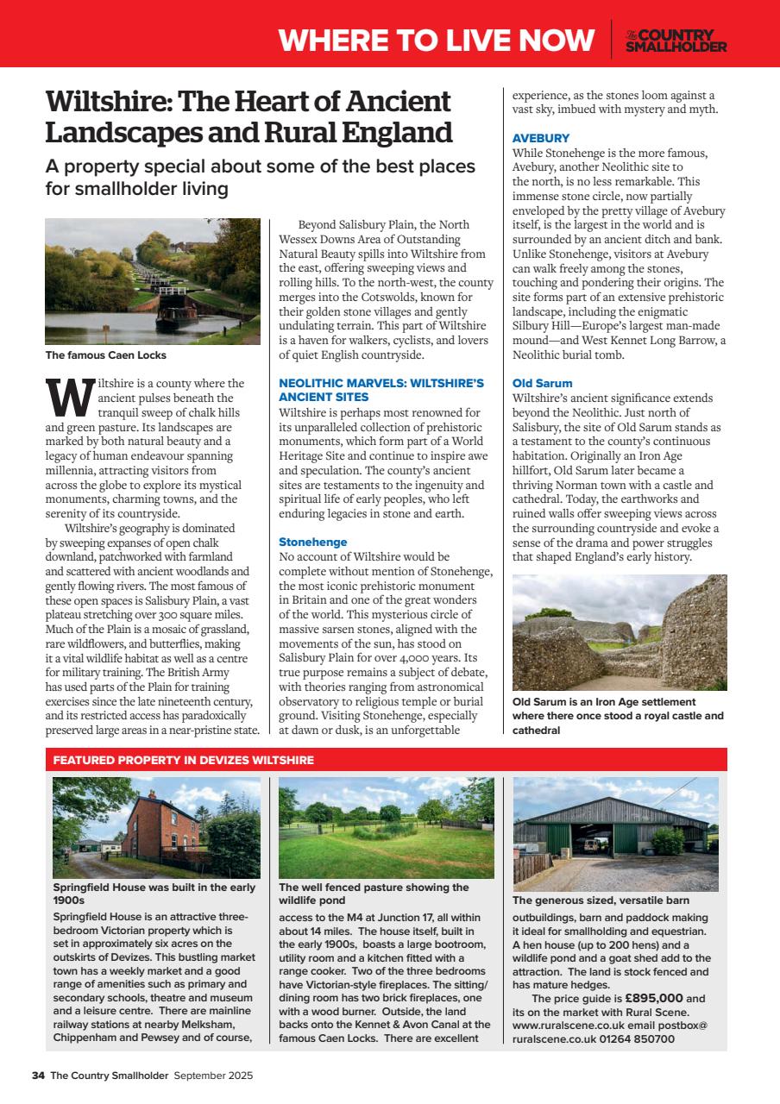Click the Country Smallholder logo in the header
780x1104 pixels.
(676, 41)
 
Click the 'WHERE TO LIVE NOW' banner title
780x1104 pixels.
(437, 41)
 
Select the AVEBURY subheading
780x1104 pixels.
(540, 138)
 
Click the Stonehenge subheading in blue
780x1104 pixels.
(312, 542)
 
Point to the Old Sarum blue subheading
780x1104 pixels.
(542, 383)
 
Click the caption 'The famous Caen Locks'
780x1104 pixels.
(105, 355)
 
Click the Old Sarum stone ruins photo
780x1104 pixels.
(619, 632)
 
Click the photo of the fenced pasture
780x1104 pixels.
(386, 827)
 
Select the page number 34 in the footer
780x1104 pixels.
(38, 1076)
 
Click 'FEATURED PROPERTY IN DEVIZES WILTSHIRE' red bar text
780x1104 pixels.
(183, 760)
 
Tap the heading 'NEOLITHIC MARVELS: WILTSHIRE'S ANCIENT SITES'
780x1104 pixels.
(381, 389)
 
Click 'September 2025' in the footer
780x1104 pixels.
(213, 1076)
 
